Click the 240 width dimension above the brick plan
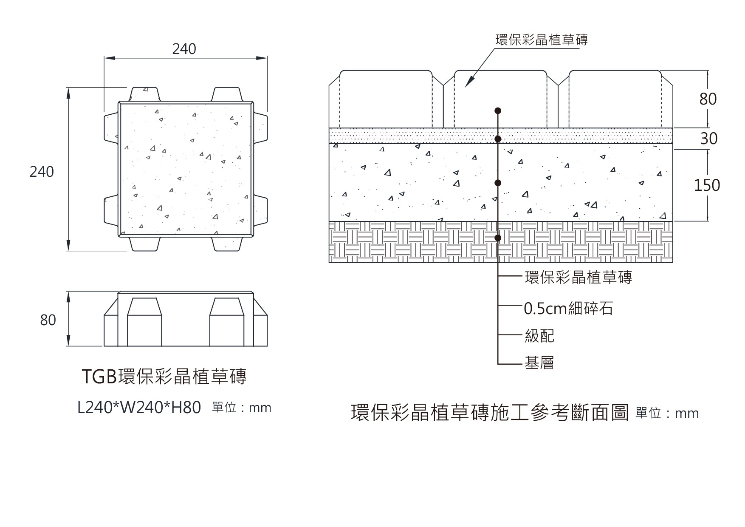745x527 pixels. [184, 49]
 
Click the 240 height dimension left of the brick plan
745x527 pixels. [42, 172]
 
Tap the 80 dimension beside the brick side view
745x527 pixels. [48, 320]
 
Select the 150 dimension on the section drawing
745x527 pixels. [707, 185]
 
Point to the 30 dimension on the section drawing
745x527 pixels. [708, 139]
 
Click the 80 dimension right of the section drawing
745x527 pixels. [708, 99]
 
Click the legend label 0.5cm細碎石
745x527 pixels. [568, 309]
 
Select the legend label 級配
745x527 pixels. [539, 336]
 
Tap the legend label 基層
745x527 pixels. [539, 363]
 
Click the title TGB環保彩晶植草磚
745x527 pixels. [164, 377]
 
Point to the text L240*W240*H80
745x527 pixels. [139, 408]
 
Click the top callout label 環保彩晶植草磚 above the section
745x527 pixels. [542, 40]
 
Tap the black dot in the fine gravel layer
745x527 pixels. [498, 139]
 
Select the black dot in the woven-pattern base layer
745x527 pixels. [498, 238]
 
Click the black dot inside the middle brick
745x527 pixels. [498, 111]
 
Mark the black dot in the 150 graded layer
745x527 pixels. [498, 183]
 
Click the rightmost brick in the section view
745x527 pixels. [615, 99]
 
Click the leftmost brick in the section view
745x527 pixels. [386, 99]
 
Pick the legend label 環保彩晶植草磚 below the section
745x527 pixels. [579, 277]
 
